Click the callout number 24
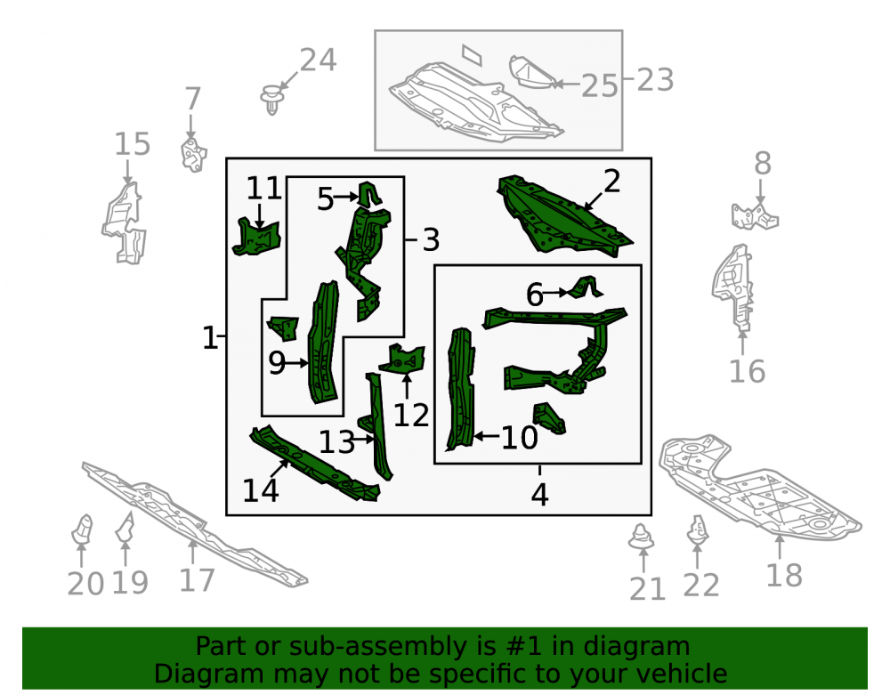(318, 60)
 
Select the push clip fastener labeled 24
(271, 99)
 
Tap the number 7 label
(193, 99)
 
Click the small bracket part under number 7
(193, 154)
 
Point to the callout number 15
(133, 144)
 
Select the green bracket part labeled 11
(256, 236)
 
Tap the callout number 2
(612, 182)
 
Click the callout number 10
(520, 438)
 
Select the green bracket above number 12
(402, 360)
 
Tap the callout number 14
(261, 490)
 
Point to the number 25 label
(599, 86)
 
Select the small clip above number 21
(642, 536)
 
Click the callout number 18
(784, 576)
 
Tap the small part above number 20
(82, 529)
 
